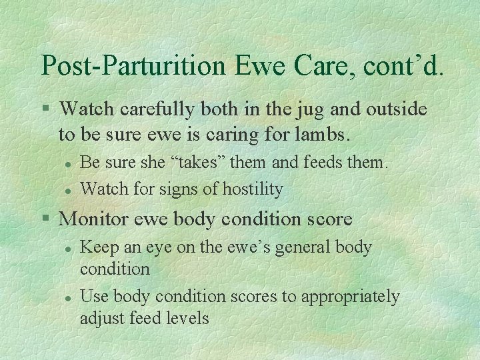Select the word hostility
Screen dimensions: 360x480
pyautogui.click(x=250, y=189)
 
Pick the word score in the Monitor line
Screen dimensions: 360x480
pyautogui.click(x=328, y=219)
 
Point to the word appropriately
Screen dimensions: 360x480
pyautogui.click(x=350, y=297)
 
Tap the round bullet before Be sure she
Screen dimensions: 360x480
pyautogui.click(x=68, y=163)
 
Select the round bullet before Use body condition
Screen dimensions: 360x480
pyautogui.click(x=68, y=297)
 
